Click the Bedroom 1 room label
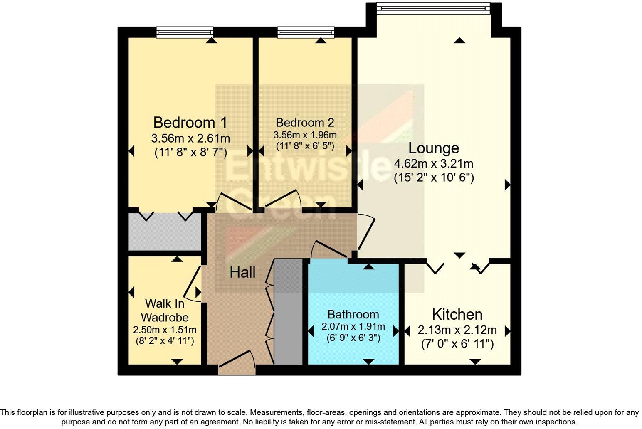pos(190,123)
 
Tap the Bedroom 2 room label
pos(305,123)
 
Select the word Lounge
pos(434,148)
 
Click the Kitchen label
pos(457,314)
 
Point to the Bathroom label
pos(353,314)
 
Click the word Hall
pos(242,273)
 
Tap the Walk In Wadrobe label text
pos(165,310)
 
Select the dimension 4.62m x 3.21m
pos(434,164)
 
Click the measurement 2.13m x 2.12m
pos(457,330)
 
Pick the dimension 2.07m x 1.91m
pos(353,326)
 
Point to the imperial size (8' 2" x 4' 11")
pos(165,341)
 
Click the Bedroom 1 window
pos(185,32)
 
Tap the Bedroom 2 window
pos(306,32)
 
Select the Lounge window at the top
pos(433,8)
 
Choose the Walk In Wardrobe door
pos(192,284)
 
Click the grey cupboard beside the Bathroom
pos(288,312)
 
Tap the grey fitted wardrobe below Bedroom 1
pos(165,232)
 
